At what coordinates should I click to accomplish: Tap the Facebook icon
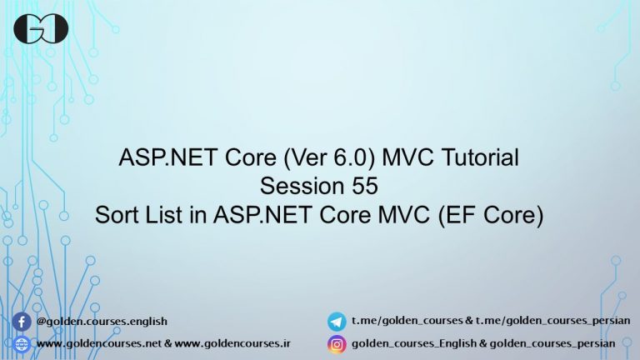(x=22, y=321)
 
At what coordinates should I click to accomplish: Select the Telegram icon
(x=337, y=321)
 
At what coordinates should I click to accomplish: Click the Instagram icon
(x=337, y=342)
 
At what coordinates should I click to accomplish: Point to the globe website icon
(x=22, y=342)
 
